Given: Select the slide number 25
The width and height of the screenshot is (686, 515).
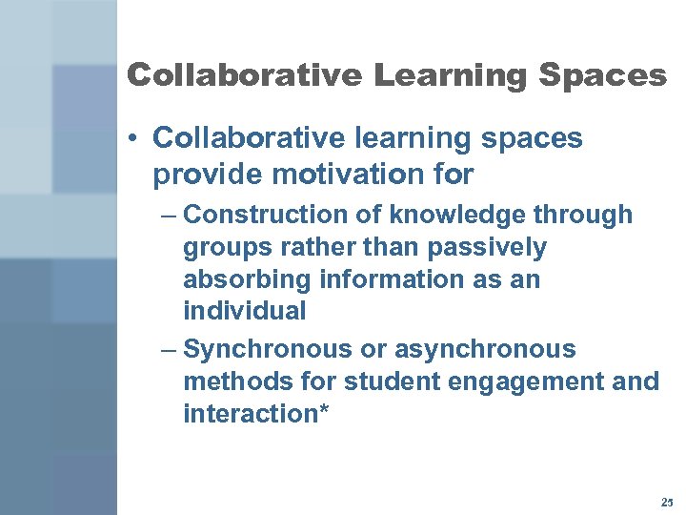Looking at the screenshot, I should (666, 502).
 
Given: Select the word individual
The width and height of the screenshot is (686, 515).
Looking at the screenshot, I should (245, 311).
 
